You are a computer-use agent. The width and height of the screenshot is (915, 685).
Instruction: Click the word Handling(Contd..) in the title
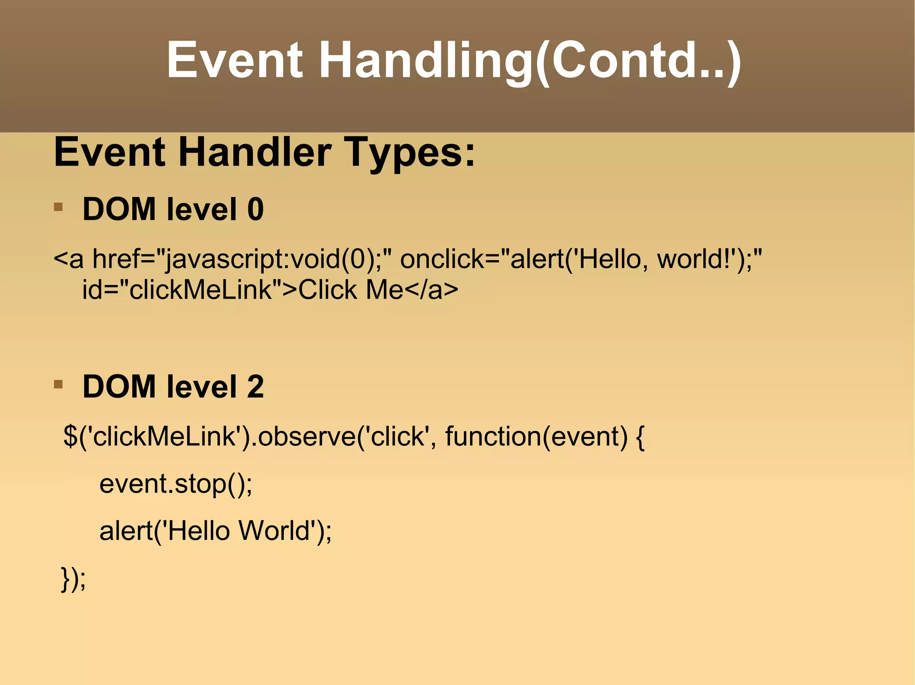[x=529, y=60]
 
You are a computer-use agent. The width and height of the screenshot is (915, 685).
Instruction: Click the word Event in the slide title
[x=235, y=60]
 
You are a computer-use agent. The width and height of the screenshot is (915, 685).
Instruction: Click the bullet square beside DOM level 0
[x=58, y=207]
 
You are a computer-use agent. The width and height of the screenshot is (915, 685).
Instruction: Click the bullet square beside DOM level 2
[x=58, y=384]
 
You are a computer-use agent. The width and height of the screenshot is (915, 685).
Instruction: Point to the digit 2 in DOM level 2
[x=256, y=386]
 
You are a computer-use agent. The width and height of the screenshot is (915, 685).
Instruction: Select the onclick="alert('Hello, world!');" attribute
[x=581, y=259]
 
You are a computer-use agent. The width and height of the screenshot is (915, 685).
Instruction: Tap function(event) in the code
[x=536, y=436]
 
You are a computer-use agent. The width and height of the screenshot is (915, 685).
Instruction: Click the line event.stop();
[x=176, y=484]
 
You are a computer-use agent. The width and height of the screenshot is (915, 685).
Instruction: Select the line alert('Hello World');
[x=215, y=531]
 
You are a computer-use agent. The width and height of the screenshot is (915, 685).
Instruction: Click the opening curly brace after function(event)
[x=640, y=437]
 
